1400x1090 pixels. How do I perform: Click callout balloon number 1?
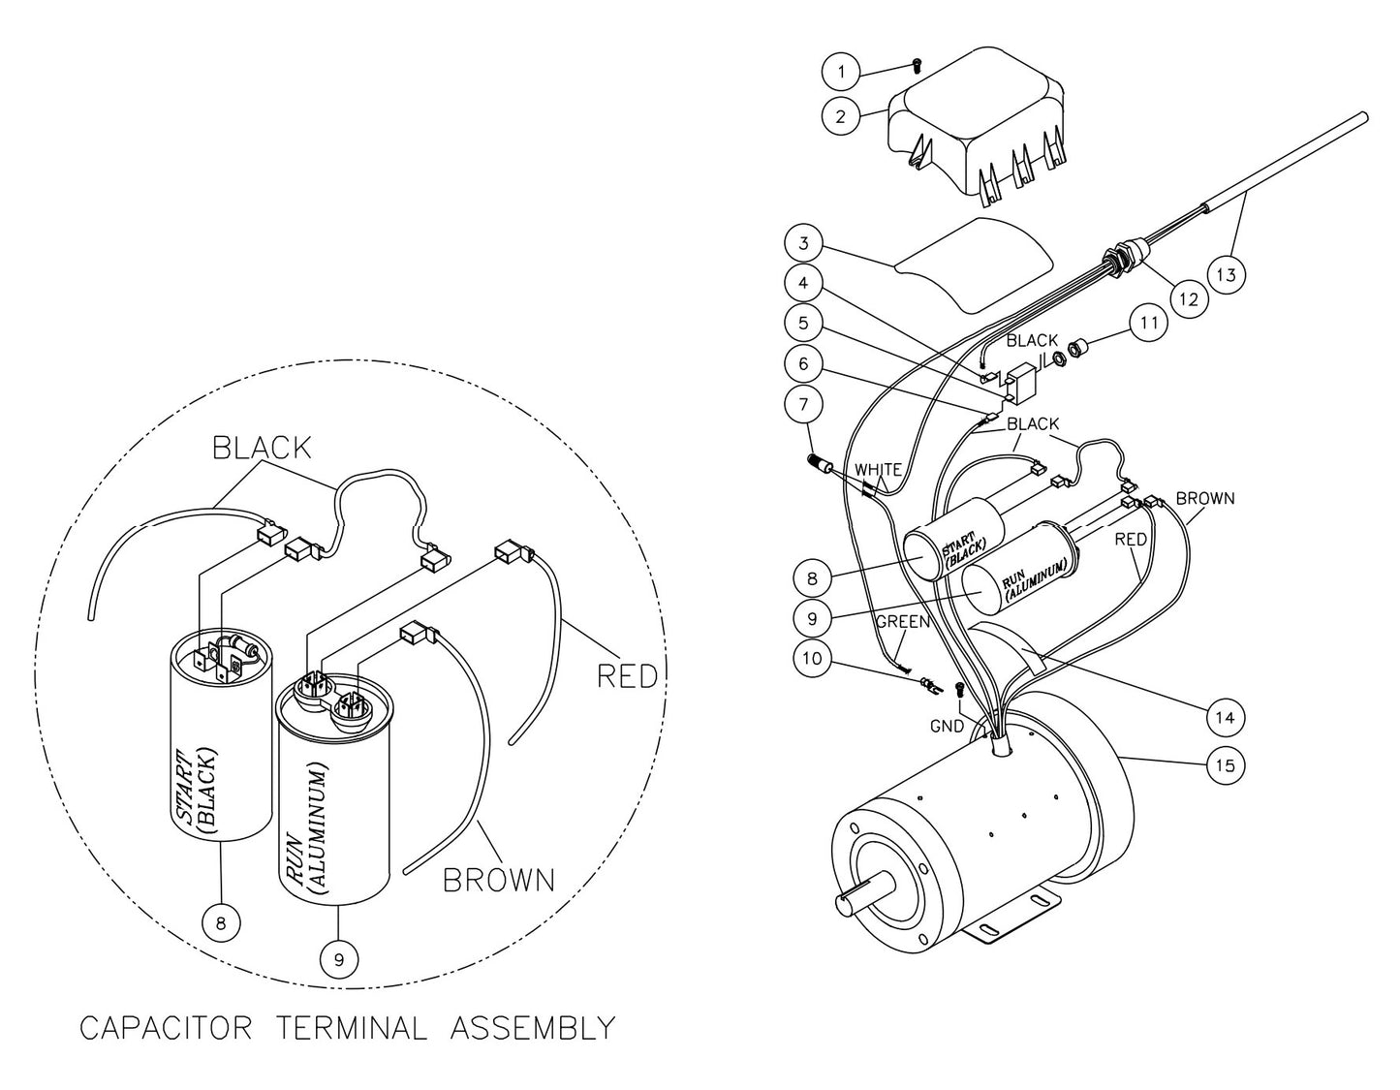click(841, 71)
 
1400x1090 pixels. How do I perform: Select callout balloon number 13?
click(1226, 274)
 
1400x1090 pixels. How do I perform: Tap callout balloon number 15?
click(1226, 765)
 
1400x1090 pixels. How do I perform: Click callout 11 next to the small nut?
click(1149, 323)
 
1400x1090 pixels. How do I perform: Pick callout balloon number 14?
click(1226, 717)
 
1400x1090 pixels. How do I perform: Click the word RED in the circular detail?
click(627, 675)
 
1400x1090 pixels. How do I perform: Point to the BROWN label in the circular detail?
click(498, 879)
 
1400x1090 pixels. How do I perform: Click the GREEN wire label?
click(903, 621)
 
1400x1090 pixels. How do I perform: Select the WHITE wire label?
click(878, 469)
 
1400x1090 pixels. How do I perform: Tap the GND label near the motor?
click(947, 726)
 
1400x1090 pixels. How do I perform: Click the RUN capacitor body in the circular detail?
click(334, 814)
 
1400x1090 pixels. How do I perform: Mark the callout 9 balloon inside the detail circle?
click(338, 959)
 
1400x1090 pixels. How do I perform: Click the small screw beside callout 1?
click(915, 65)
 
